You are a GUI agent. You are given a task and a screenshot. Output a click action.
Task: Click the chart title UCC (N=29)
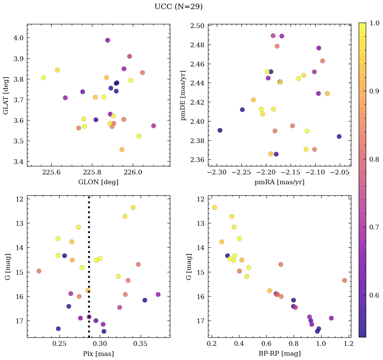[178, 7]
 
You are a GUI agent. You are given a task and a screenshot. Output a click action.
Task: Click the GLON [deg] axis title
[98, 182]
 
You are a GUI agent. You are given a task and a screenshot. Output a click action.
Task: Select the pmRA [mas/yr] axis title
[279, 182]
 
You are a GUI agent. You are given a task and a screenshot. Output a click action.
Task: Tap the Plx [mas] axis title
[98, 354]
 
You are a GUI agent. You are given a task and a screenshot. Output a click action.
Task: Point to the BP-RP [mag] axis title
[279, 354]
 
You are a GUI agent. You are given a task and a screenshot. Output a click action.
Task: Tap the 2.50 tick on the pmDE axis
[198, 26]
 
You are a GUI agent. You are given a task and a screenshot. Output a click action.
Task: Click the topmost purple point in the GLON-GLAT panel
[108, 40]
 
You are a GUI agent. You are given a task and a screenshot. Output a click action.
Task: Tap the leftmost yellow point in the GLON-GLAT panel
[43, 78]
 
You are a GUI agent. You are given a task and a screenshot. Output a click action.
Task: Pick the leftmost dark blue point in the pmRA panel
[220, 130]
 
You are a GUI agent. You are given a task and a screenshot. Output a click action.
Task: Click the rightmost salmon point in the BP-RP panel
[344, 280]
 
